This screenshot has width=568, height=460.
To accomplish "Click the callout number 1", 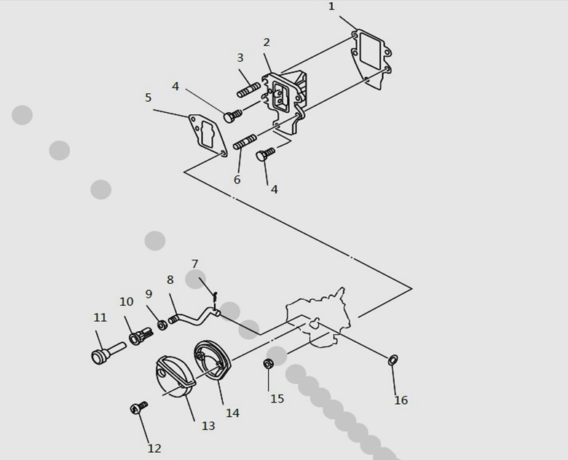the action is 331,7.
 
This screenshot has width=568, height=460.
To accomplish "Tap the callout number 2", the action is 267,42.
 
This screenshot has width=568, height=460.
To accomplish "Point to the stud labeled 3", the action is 248,90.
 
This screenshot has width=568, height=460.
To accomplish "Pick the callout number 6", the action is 237,180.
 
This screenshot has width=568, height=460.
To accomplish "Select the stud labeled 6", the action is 245,141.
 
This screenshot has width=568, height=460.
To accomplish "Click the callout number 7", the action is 195,264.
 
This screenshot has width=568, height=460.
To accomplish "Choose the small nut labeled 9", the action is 162,325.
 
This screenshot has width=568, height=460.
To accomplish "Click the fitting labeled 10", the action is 141,336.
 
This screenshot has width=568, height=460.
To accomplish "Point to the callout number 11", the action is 100,317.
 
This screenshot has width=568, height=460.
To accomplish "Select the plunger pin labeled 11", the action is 109,352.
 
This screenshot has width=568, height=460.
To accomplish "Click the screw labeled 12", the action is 139,407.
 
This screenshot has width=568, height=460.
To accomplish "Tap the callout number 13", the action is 208,426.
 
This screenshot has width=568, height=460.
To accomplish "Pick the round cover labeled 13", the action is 175,377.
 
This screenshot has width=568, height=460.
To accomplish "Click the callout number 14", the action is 232,413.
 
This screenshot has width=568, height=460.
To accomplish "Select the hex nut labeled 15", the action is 268,364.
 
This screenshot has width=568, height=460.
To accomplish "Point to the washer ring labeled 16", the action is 393,360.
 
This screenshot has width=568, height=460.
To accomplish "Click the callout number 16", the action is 401,400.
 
